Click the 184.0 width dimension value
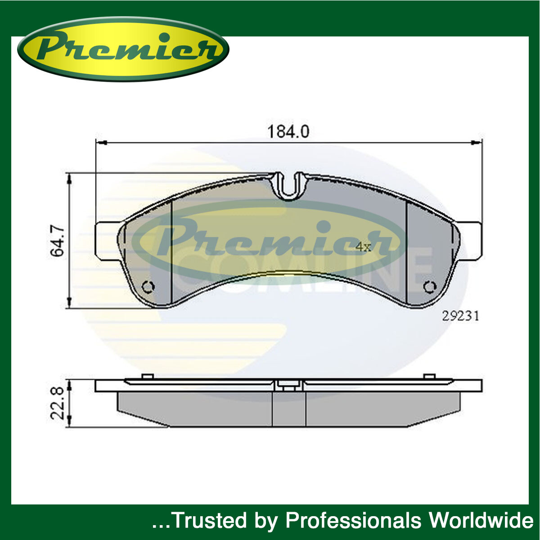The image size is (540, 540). tap(288, 131)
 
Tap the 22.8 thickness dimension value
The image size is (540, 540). tap(58, 404)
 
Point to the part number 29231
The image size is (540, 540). tap(460, 316)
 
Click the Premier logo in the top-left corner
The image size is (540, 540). tap(123, 49)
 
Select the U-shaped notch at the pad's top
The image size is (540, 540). tap(290, 185)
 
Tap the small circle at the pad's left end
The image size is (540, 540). tap(148, 287)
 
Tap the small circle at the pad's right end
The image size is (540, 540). tap(430, 287)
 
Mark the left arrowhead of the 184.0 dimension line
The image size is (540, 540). tap(101, 143)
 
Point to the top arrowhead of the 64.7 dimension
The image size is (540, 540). tap(69, 179)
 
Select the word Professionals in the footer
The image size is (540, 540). tap(353, 521)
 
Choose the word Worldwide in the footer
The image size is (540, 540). tap(481, 521)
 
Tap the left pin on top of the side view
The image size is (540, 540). tap(147, 377)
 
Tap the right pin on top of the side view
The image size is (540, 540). tap(429, 377)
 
